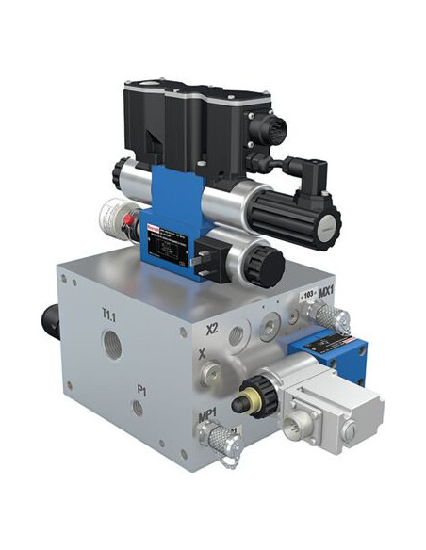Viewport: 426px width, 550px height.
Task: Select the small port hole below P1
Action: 138,409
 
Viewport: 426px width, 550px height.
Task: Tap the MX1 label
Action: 327,292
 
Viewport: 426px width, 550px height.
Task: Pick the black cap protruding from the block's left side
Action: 50,325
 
